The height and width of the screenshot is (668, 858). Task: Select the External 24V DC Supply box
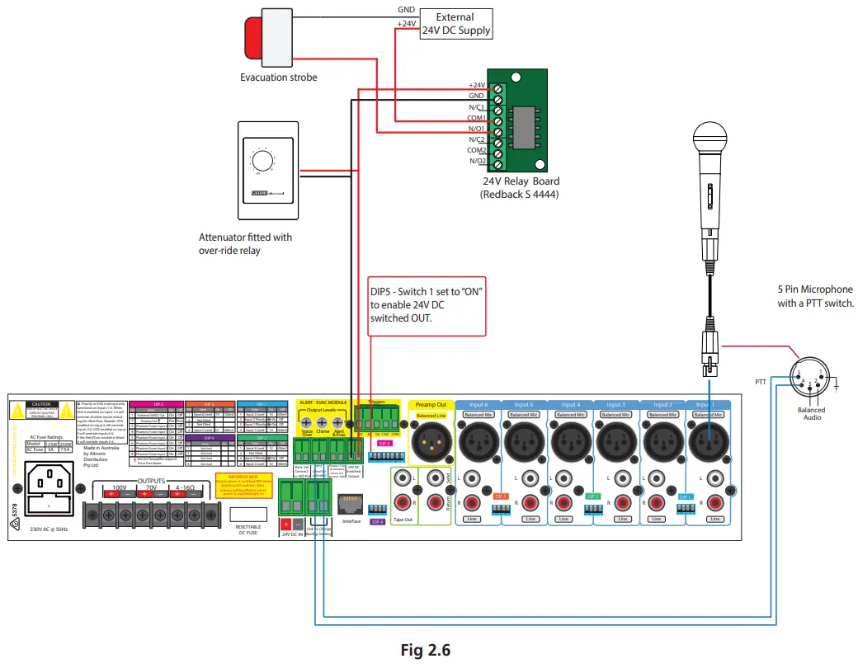(x=455, y=23)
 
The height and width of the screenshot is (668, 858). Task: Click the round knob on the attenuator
(x=262, y=159)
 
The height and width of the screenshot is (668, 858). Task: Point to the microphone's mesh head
(x=709, y=139)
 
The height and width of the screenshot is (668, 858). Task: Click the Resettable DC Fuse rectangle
(x=248, y=505)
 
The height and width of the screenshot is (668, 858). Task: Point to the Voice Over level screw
(x=306, y=421)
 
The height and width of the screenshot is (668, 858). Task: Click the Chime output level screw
(x=323, y=421)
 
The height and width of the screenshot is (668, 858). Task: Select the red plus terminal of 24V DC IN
(x=286, y=524)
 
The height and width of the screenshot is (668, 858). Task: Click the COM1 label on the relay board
(x=477, y=118)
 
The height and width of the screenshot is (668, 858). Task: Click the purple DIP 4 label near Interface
(x=378, y=522)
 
